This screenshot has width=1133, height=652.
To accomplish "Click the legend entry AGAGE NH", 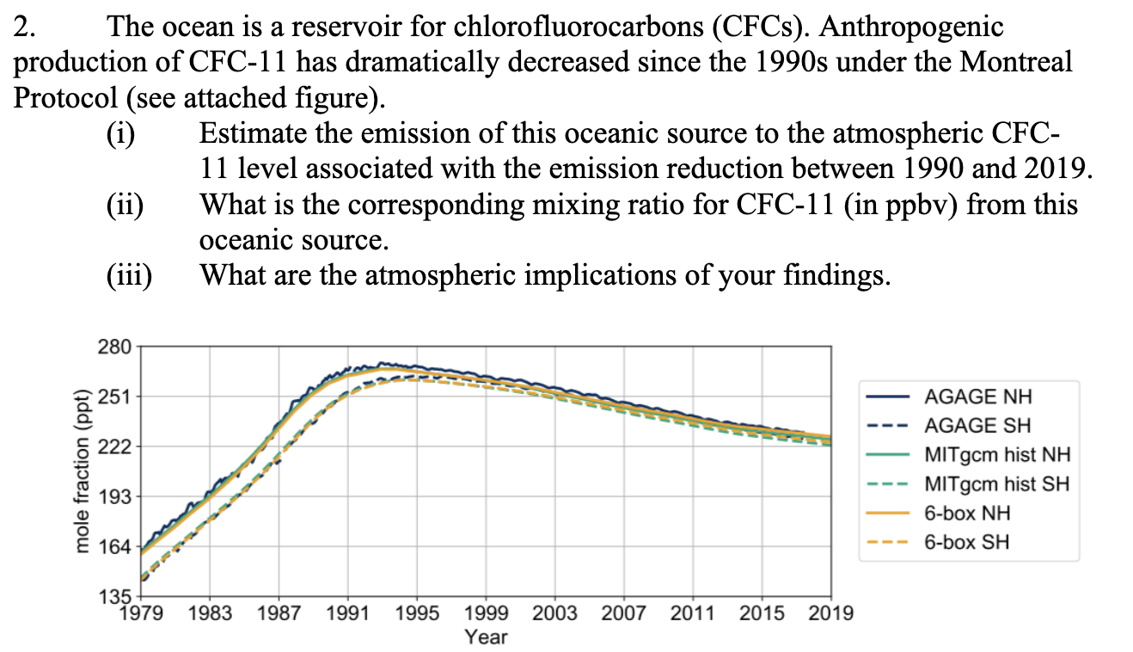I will pos(977,396).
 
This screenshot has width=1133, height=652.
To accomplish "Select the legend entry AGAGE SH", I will pos(977,425).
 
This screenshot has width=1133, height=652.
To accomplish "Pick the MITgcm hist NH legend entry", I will pos(996,454).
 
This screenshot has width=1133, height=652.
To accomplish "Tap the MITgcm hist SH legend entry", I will pos(996,483).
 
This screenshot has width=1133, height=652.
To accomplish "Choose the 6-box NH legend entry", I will pos(967,513).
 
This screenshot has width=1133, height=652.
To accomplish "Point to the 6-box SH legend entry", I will pos(967,542).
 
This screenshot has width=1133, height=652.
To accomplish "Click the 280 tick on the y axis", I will pos(115,348).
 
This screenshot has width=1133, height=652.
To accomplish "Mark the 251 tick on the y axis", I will pos(115,397).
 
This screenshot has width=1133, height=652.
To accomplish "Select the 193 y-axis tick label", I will pos(115,497).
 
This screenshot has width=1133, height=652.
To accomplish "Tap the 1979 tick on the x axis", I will pos(140,613).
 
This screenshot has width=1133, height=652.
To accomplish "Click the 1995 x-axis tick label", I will pos(417,613).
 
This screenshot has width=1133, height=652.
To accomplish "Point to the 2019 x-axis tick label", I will pos(830,613).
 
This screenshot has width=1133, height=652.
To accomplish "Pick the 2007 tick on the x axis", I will pos(624,613).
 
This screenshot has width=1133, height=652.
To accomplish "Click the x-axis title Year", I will pos(486,637).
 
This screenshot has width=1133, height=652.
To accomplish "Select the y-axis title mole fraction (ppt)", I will pos(83,471).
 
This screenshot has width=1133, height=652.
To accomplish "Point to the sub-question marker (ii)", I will pos(126,205).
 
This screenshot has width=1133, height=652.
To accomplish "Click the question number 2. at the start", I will pos(25,28).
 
